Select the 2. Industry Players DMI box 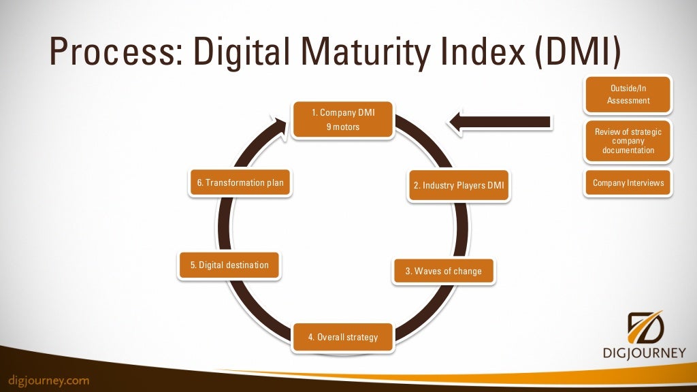pyautogui.click(x=459, y=185)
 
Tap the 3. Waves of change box pyautogui.click(x=443, y=271)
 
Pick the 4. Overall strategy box pyautogui.click(x=343, y=337)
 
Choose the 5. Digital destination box pyautogui.click(x=229, y=265)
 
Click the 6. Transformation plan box pyautogui.click(x=240, y=182)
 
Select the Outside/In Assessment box pyautogui.click(x=628, y=95)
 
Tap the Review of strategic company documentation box pyautogui.click(x=628, y=141)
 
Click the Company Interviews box pyautogui.click(x=628, y=182)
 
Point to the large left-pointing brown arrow pyautogui.click(x=500, y=121)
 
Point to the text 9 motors pyautogui.click(x=343, y=127)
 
